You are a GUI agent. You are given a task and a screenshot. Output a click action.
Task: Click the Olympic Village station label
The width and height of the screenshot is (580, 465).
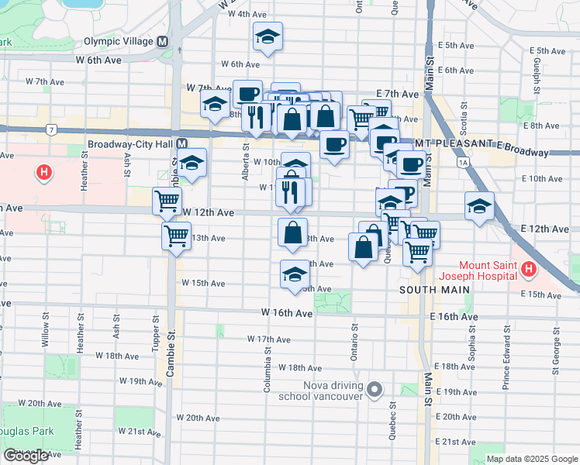pyautogui.click(x=119, y=42)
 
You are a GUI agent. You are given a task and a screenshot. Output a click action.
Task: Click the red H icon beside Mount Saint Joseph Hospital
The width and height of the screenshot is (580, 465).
pyautogui.click(x=529, y=270)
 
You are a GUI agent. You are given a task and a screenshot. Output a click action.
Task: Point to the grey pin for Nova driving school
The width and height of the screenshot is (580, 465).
pyautogui.click(x=375, y=389)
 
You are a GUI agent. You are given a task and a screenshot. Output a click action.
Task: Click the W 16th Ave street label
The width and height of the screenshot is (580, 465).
pyautogui.click(x=286, y=312)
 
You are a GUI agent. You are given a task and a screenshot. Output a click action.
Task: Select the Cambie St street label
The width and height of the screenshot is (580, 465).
pyautogui.click(x=172, y=353)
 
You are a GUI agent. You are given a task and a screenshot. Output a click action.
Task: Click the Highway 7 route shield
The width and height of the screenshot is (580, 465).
pyautogui.click(x=51, y=129)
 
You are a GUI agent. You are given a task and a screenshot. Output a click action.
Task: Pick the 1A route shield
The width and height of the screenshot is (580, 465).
pyautogui.click(x=464, y=163)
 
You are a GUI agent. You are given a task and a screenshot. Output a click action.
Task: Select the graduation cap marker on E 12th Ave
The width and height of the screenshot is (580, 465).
pyautogui.click(x=479, y=206)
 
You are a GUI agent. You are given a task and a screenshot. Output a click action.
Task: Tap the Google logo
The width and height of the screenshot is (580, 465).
pyautogui.click(x=26, y=456)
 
